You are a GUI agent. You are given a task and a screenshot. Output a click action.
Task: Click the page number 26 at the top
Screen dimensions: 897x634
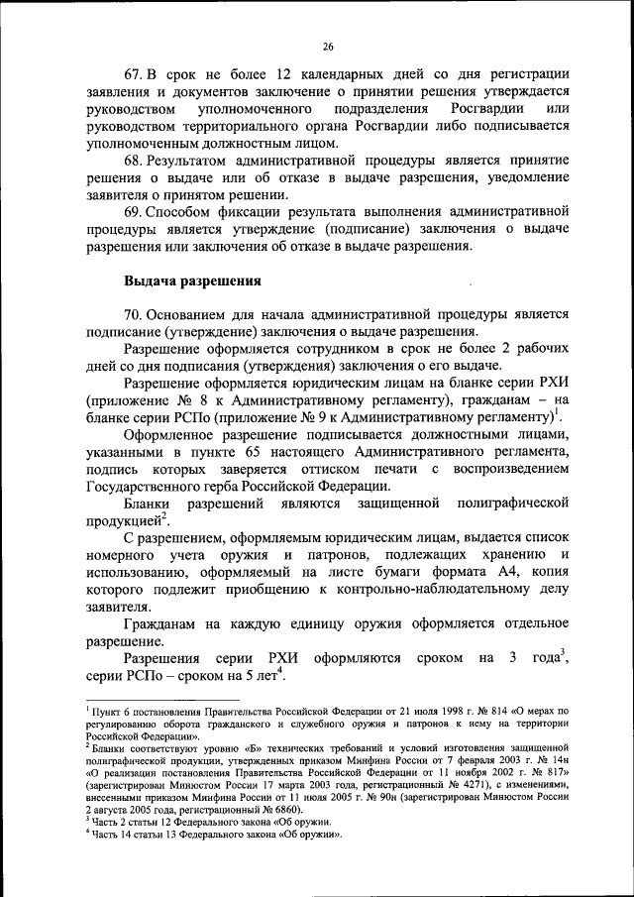(328, 45)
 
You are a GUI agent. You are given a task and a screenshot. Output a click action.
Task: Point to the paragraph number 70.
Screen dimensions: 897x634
(134, 314)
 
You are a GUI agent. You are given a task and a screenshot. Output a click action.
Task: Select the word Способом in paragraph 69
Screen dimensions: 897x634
(185, 211)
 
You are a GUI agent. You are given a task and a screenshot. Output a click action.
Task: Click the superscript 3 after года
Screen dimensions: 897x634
(562, 651)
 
